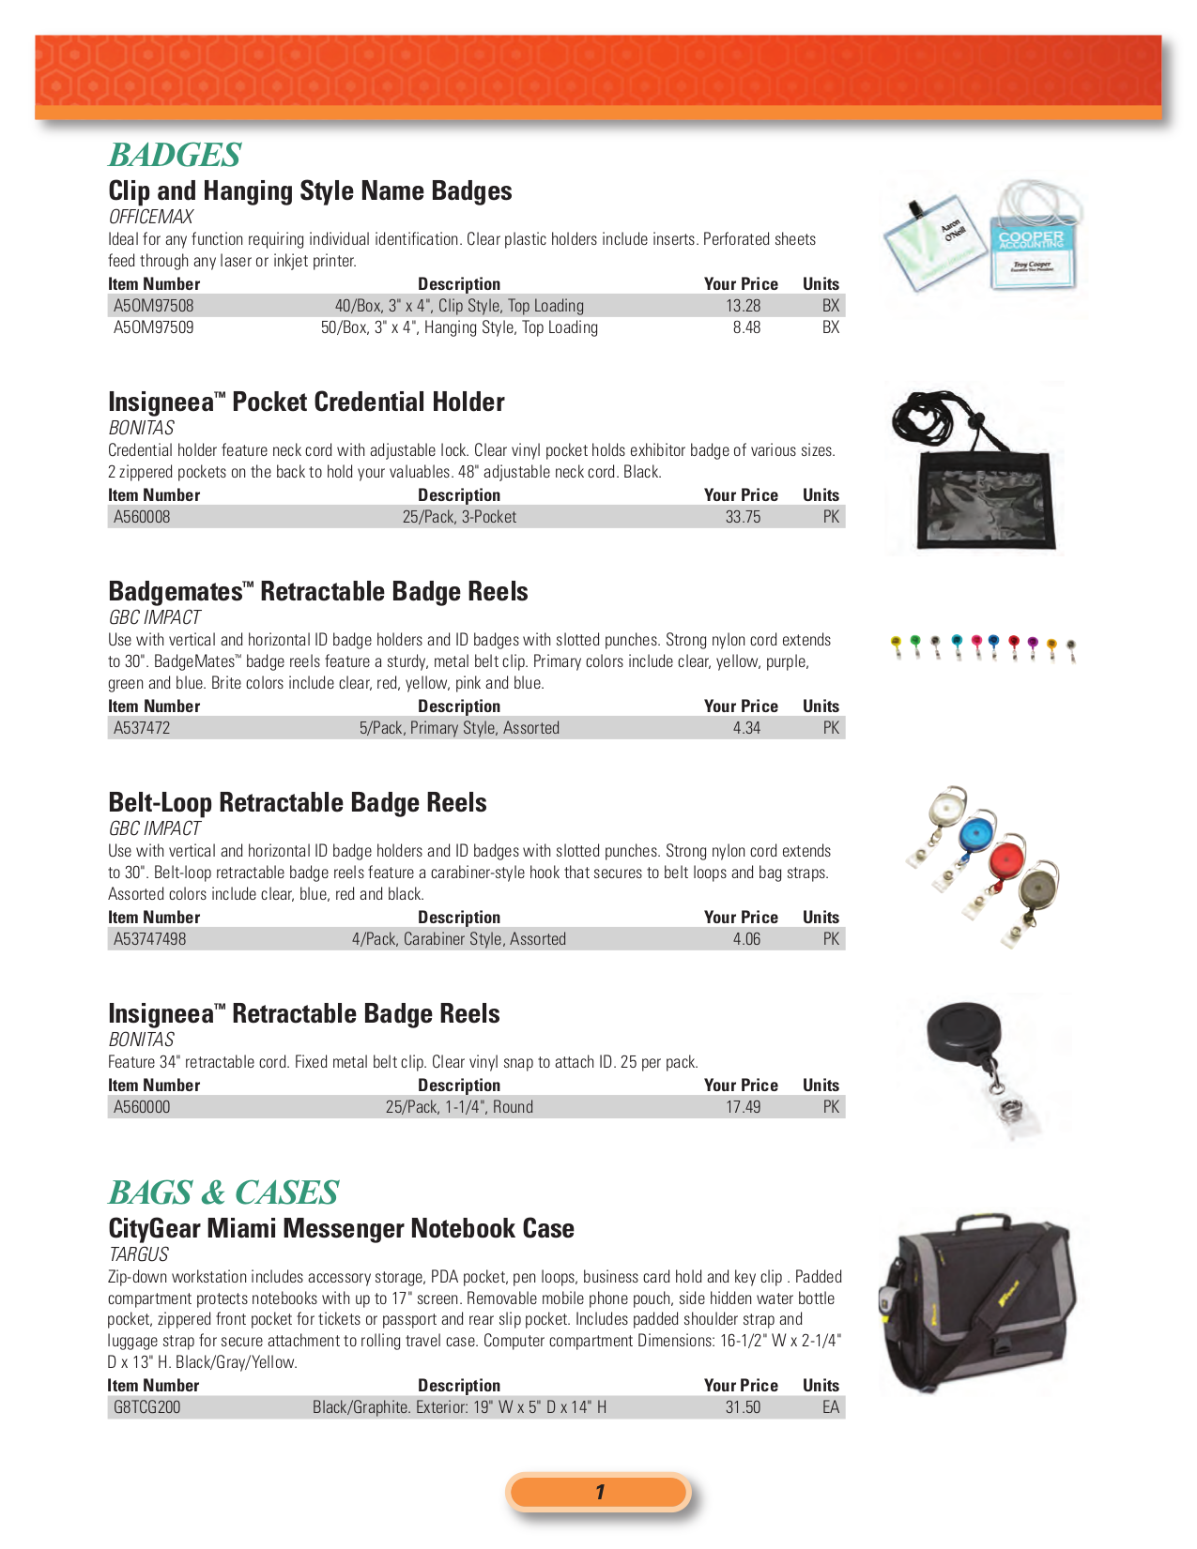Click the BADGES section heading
(175, 155)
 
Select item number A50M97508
(153, 306)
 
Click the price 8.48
(746, 327)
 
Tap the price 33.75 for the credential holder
(743, 517)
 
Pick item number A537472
(142, 728)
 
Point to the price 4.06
(746, 939)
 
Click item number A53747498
(149, 939)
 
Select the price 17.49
(743, 1107)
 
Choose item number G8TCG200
(146, 1407)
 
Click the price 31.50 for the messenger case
(743, 1407)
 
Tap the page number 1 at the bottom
(599, 1492)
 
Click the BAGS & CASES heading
(223, 1192)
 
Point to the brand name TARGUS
(139, 1254)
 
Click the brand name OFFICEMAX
(150, 217)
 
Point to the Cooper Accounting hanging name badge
(1033, 249)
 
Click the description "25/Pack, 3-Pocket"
(459, 517)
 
